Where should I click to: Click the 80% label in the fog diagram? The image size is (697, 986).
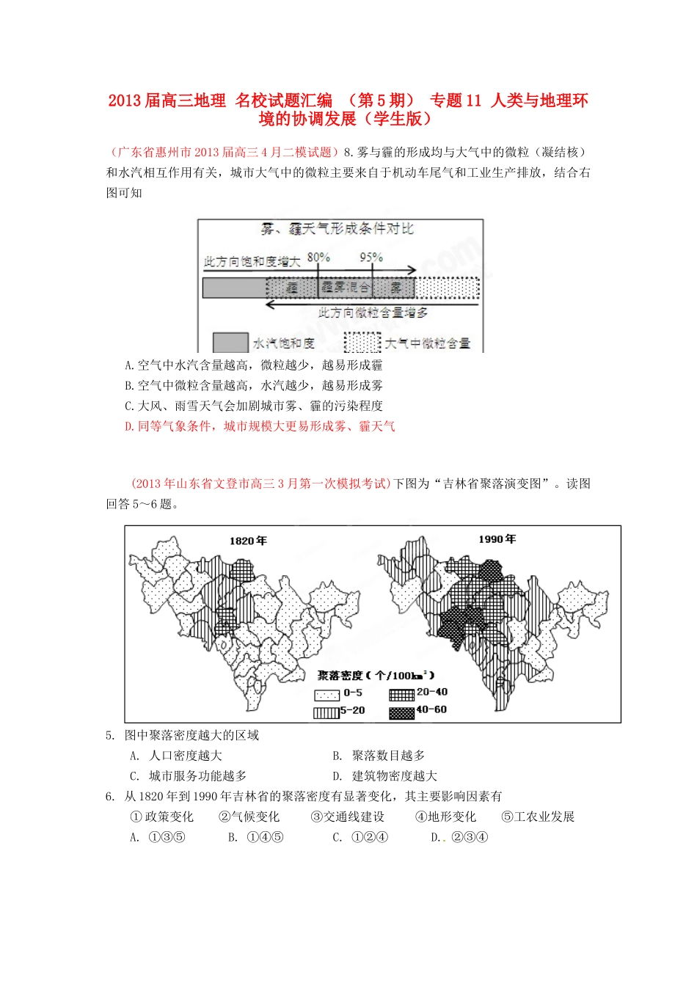[318, 258]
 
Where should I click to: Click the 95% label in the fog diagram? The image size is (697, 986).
[371, 258]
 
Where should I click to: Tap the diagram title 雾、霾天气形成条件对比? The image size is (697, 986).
[337, 230]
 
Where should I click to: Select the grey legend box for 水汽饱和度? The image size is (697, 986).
[230, 343]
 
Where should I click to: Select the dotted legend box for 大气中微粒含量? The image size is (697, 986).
[362, 343]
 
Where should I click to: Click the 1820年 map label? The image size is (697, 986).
[248, 541]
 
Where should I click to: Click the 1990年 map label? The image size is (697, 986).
[497, 539]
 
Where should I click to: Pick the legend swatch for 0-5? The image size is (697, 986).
[327, 693]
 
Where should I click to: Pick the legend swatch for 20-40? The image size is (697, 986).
[401, 693]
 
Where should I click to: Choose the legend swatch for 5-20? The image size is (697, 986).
[327, 711]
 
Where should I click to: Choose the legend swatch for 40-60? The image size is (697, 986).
[401, 711]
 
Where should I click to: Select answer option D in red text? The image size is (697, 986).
[260, 426]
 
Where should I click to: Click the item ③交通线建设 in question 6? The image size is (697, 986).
[347, 817]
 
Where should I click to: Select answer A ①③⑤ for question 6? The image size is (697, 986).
[167, 838]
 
